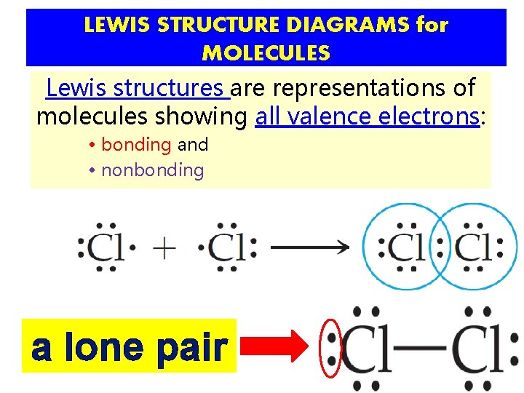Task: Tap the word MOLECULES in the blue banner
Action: pos(266,53)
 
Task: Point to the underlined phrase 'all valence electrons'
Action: pos(368,116)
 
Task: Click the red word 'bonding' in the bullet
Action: pos(136,145)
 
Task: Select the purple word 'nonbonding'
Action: pos(152,170)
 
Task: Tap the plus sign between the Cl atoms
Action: pos(165,248)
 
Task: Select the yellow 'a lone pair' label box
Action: pos(130,346)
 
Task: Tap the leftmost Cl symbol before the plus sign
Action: pos(106,248)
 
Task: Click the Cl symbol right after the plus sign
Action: pos(226,248)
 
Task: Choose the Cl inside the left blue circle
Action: pos(405,247)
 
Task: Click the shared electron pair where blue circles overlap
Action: pos(439,247)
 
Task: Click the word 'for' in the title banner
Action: pos(432,25)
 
